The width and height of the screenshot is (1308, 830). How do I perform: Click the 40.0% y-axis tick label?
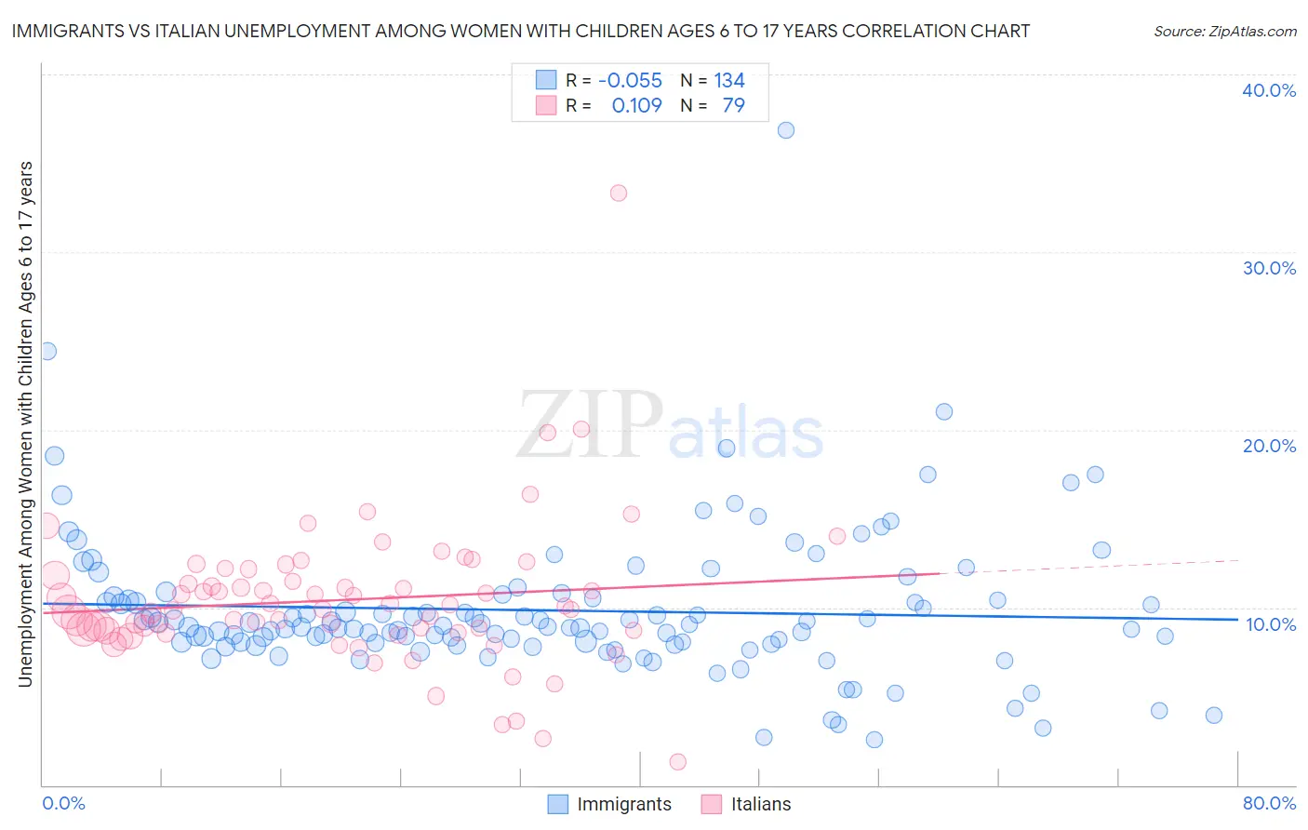tap(1269, 90)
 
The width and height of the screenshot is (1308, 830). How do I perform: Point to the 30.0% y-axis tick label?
tap(1269, 268)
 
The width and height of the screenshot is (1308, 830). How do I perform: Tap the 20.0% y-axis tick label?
tap(1269, 446)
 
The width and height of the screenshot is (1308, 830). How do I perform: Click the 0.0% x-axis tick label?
tap(63, 803)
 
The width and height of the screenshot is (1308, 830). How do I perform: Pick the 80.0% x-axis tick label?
tap(1269, 803)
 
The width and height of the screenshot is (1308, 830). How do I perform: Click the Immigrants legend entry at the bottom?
tap(609, 804)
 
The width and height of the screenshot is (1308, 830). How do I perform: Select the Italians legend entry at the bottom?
tap(746, 804)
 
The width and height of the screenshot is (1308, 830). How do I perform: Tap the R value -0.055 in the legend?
tap(630, 81)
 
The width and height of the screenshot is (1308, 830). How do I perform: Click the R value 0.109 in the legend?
tap(636, 105)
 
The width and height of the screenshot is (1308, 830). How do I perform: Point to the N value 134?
tap(729, 81)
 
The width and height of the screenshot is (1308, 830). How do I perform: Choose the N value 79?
tap(733, 105)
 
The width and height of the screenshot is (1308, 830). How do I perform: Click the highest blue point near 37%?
tap(786, 130)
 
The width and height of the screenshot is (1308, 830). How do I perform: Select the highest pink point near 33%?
tap(619, 194)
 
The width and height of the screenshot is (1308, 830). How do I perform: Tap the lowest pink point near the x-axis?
tap(678, 762)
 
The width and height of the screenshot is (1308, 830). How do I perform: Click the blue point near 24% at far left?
tap(47, 351)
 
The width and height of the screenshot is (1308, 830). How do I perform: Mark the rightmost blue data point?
tap(1213, 716)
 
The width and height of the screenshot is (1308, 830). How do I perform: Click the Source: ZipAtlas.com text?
tap(1224, 31)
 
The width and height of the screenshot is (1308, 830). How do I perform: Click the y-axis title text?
tap(25, 424)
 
